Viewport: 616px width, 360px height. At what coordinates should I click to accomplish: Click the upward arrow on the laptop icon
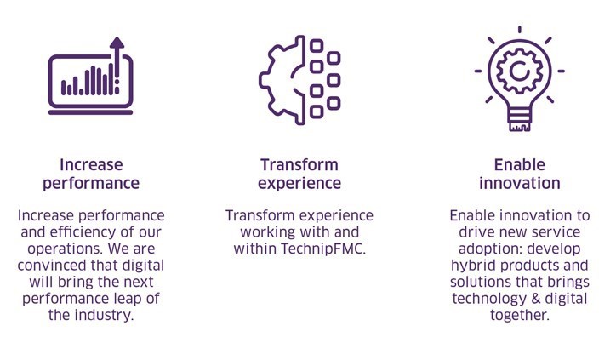coord(117,59)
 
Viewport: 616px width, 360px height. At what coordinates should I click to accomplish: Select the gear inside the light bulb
coord(519,71)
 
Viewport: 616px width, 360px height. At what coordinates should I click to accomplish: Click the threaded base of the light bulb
coord(519,119)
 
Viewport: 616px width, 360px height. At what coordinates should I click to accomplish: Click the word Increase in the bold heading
coord(91,164)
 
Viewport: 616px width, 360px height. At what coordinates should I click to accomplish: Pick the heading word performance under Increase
coord(91,184)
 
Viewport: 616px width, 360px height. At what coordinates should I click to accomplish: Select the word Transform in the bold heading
coord(299,164)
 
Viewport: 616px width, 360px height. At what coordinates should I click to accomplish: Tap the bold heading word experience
coord(299,184)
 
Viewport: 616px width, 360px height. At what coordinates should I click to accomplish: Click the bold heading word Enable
coord(519,164)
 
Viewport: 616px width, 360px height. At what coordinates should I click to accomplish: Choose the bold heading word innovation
coord(519,183)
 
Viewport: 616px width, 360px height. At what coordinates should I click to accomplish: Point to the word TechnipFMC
coord(323,249)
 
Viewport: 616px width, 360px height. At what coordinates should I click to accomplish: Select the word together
coord(519,316)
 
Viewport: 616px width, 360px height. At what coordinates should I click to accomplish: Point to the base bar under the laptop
coord(90,112)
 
